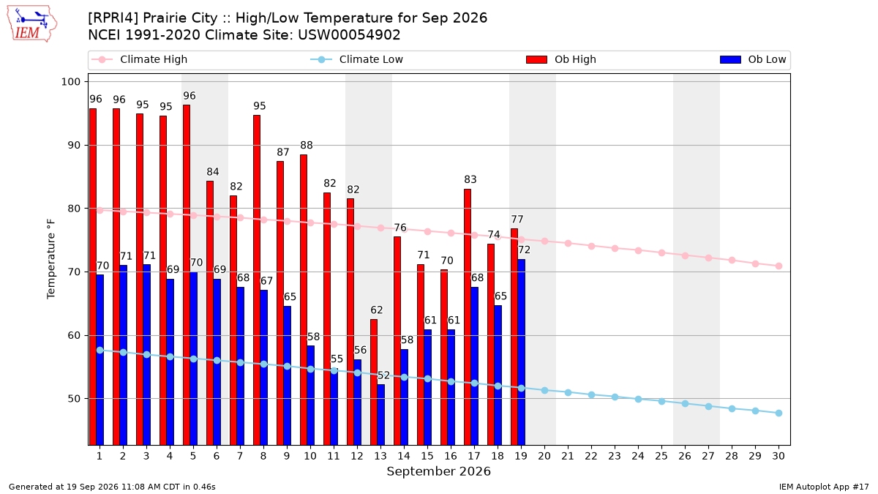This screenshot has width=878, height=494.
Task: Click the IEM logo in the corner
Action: [32, 23]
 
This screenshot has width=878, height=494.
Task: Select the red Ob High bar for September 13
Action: [374, 382]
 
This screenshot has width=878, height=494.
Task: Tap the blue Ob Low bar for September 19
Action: [521, 352]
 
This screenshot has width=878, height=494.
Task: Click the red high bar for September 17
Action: [468, 317]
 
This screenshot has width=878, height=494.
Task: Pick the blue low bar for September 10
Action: [310, 395]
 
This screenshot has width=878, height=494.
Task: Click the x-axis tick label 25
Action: [661, 456]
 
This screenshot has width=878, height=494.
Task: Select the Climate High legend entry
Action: [139, 59]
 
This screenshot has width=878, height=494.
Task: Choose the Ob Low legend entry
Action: [753, 59]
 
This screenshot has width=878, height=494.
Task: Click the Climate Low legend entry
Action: [357, 59]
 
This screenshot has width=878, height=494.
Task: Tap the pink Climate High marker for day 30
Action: [778, 266]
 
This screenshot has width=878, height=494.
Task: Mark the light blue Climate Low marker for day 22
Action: [591, 394]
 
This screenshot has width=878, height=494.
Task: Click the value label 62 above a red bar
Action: [377, 310]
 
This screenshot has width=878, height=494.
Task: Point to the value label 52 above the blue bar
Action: [383, 375]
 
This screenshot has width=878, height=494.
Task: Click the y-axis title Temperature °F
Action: [51, 259]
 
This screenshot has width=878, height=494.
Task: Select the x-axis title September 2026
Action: [438, 471]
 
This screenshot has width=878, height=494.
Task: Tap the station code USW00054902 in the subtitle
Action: [349, 35]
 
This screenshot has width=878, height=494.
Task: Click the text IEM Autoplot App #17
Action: [824, 487]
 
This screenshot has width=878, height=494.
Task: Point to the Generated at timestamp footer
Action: [112, 487]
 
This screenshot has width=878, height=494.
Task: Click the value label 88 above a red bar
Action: [307, 145]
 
